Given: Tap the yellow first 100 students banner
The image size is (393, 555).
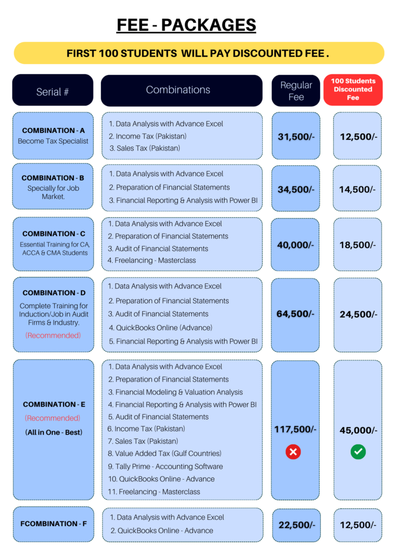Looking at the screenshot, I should tap(198, 54).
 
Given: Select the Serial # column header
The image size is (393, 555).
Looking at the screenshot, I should tap(53, 92).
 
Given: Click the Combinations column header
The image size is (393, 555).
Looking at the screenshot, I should tap(178, 90).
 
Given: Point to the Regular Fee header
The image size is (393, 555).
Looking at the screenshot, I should tap(296, 91).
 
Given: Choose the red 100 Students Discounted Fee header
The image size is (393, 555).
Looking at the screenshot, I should tap(353, 89).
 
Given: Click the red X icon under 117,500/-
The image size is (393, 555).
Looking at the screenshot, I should tap(293, 451).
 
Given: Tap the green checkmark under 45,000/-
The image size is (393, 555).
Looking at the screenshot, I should tap(358, 451).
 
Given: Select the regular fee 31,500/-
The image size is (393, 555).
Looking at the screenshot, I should tap(296, 137).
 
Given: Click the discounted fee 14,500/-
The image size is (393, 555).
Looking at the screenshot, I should tap(358, 189).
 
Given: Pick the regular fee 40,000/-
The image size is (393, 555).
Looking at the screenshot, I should tap(295, 245).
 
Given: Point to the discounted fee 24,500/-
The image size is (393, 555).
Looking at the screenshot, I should tap(358, 314).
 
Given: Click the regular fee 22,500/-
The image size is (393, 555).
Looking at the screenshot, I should tap(296, 525).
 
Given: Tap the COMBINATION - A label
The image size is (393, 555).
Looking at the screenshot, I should tap(53, 131).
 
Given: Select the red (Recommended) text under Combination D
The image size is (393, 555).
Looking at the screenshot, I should tap(53, 335).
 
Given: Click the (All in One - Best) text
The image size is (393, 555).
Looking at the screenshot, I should tap(53, 432).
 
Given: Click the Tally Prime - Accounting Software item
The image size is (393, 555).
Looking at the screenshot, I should tap(165, 466).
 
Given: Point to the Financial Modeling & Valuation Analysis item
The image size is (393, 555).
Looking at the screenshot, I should tap(175, 392).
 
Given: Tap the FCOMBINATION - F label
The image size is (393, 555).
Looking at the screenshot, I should tap(53, 524).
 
